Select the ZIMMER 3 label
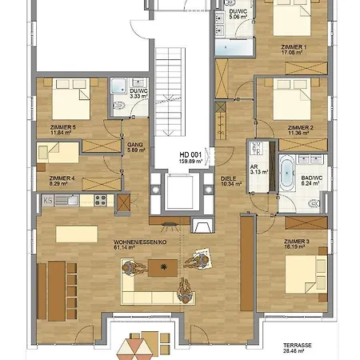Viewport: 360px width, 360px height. click(x=295, y=243)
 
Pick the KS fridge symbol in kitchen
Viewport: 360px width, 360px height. click(x=47, y=200)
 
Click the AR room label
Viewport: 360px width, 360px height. click(x=254, y=166)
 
